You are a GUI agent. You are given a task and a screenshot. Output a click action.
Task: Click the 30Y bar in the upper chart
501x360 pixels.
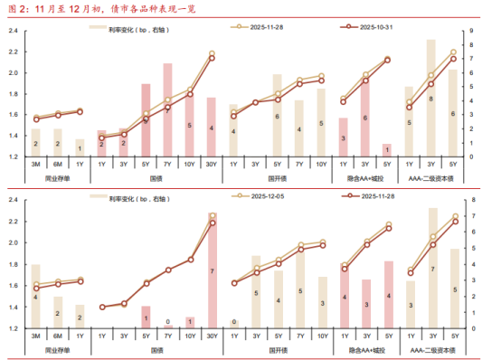point(212,127)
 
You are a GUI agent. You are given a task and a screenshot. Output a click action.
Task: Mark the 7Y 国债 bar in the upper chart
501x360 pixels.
point(167,109)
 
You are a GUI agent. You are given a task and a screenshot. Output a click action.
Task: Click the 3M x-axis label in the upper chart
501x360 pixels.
point(36,164)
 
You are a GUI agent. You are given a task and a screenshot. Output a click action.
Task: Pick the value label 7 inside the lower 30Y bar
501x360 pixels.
point(212,271)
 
